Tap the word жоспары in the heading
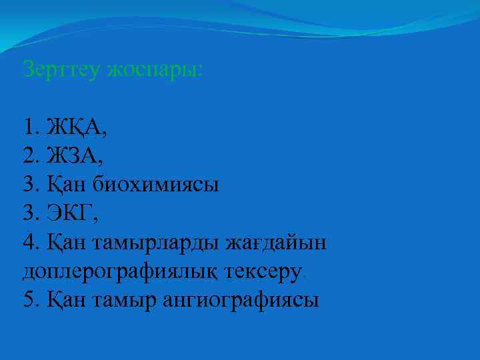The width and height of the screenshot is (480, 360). [x=156, y=69]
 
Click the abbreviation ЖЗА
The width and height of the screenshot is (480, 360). [x=75, y=156]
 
